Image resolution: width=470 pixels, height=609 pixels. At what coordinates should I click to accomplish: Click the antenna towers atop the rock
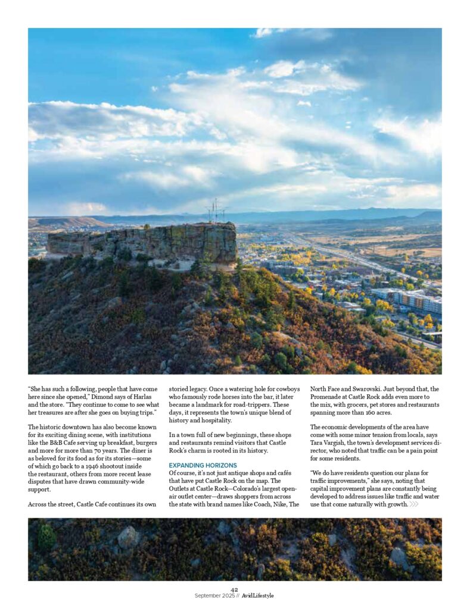tap(216, 211)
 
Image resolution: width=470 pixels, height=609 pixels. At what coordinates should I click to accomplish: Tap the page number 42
tap(234, 589)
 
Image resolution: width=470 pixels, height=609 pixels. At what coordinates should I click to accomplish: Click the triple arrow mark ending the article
tap(414, 504)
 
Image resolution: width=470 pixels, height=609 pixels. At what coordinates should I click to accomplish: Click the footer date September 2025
tap(214, 595)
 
